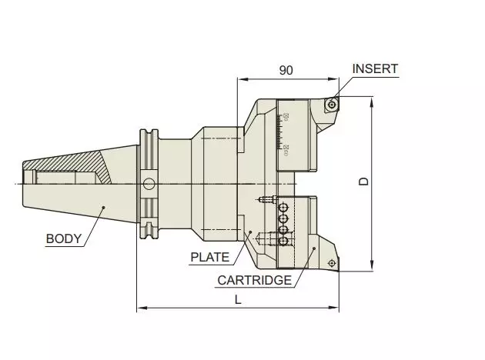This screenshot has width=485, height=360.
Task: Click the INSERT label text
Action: coord(375,69)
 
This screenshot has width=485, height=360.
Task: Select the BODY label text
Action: coord(63,238)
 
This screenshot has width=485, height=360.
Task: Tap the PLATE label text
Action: coord(209,258)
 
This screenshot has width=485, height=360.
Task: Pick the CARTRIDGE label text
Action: coord(253,280)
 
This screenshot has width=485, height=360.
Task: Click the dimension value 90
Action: coord(286,70)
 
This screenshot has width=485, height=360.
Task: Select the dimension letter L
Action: coord(238,302)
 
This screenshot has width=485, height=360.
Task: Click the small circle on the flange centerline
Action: coord(149,183)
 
